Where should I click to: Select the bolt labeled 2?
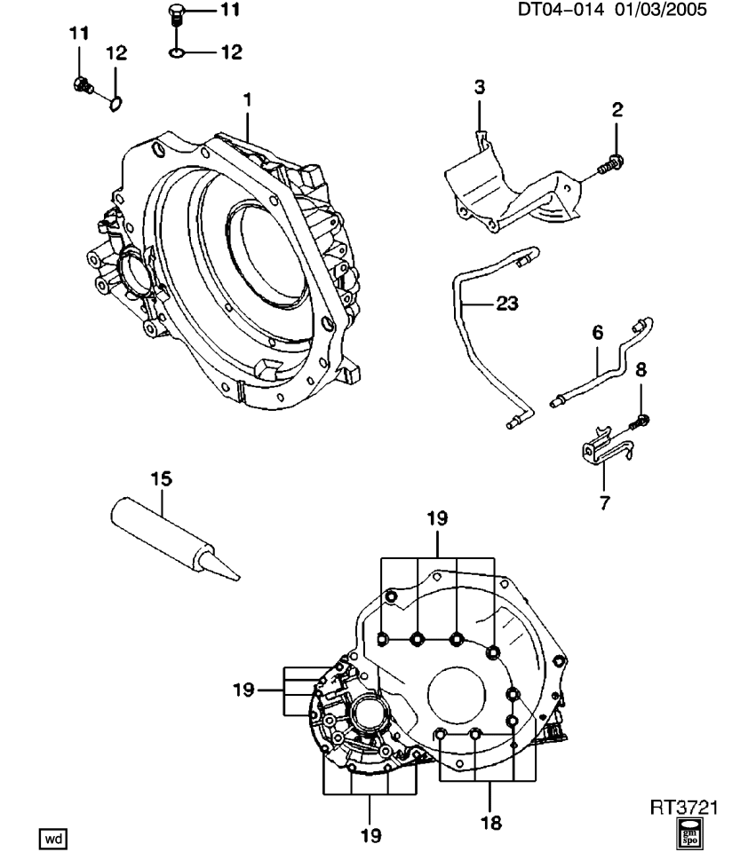611,164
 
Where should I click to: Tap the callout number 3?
479,87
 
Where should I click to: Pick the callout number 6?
597,333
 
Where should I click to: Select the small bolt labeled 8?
641,418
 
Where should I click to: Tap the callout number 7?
604,503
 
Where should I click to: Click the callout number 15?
161,479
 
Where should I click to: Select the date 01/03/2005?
662,12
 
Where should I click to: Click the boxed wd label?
54,837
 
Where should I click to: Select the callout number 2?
617,110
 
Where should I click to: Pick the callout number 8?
641,369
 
